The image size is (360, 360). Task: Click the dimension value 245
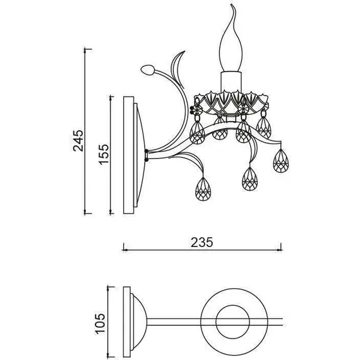(78, 140)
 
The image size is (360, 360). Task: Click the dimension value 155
(104, 154)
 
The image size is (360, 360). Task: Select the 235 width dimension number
(202, 243)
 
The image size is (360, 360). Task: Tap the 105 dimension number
(100, 324)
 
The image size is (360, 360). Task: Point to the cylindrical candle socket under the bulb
(231, 81)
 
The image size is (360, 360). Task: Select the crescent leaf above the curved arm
(177, 69)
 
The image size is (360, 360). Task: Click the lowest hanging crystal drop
(203, 189)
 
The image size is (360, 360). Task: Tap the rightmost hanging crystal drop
(281, 160)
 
